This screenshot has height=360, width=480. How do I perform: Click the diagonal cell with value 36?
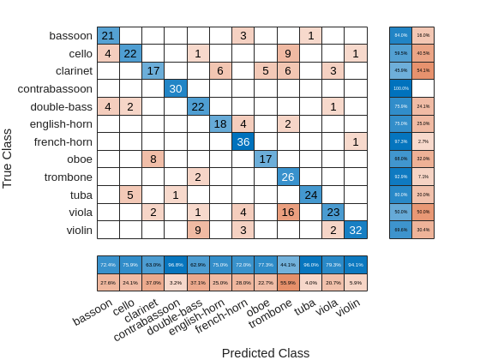[x=243, y=141]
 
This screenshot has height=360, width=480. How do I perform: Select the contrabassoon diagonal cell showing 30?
[x=176, y=88]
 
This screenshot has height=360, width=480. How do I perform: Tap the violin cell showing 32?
[x=355, y=230]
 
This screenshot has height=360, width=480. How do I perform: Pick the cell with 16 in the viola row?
[x=288, y=212]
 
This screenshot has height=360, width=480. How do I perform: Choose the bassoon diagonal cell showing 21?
[x=108, y=35]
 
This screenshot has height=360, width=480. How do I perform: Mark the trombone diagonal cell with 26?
[x=288, y=177]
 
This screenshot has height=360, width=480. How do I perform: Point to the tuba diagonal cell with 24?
[x=310, y=194]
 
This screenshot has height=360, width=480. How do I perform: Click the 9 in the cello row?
[x=288, y=53]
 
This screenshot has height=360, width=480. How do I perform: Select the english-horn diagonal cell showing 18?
[x=220, y=123]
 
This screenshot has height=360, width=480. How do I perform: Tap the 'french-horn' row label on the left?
[x=63, y=141]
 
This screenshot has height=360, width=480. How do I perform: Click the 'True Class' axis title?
[x=8, y=159]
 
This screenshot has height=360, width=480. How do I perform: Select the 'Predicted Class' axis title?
[x=266, y=352]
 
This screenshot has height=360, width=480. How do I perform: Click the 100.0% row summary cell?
[x=400, y=88]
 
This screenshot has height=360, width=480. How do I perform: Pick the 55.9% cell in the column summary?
[x=288, y=282]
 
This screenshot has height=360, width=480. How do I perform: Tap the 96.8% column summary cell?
[x=176, y=265]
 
